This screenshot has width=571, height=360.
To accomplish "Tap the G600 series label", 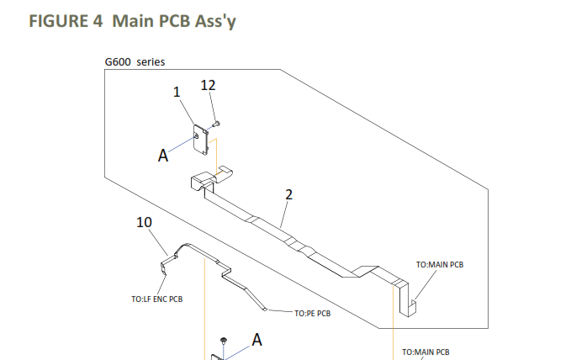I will pos(135,63).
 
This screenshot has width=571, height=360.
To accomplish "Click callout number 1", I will pos(177,93).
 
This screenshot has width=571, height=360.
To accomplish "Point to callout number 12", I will pos(209,85).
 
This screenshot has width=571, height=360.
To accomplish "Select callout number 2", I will pos(288,194).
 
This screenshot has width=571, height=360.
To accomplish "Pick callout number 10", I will pos(145,223).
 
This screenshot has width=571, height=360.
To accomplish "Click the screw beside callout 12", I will pos(215,124).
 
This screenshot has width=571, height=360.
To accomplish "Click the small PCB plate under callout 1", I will pos(201,139).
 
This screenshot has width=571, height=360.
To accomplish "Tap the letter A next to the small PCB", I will pos(163,155).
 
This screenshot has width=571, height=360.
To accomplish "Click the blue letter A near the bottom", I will pos(256,339).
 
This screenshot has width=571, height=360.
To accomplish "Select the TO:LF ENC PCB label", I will pos(157,299).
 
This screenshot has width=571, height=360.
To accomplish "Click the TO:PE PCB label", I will pos(312,313).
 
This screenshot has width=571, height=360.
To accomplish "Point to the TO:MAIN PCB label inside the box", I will pos(439,264).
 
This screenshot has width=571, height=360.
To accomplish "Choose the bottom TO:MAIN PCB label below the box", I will pos(426,351).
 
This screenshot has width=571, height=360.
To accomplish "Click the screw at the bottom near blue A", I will pos(224,341).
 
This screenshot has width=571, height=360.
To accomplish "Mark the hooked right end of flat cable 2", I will pos(407,304).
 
